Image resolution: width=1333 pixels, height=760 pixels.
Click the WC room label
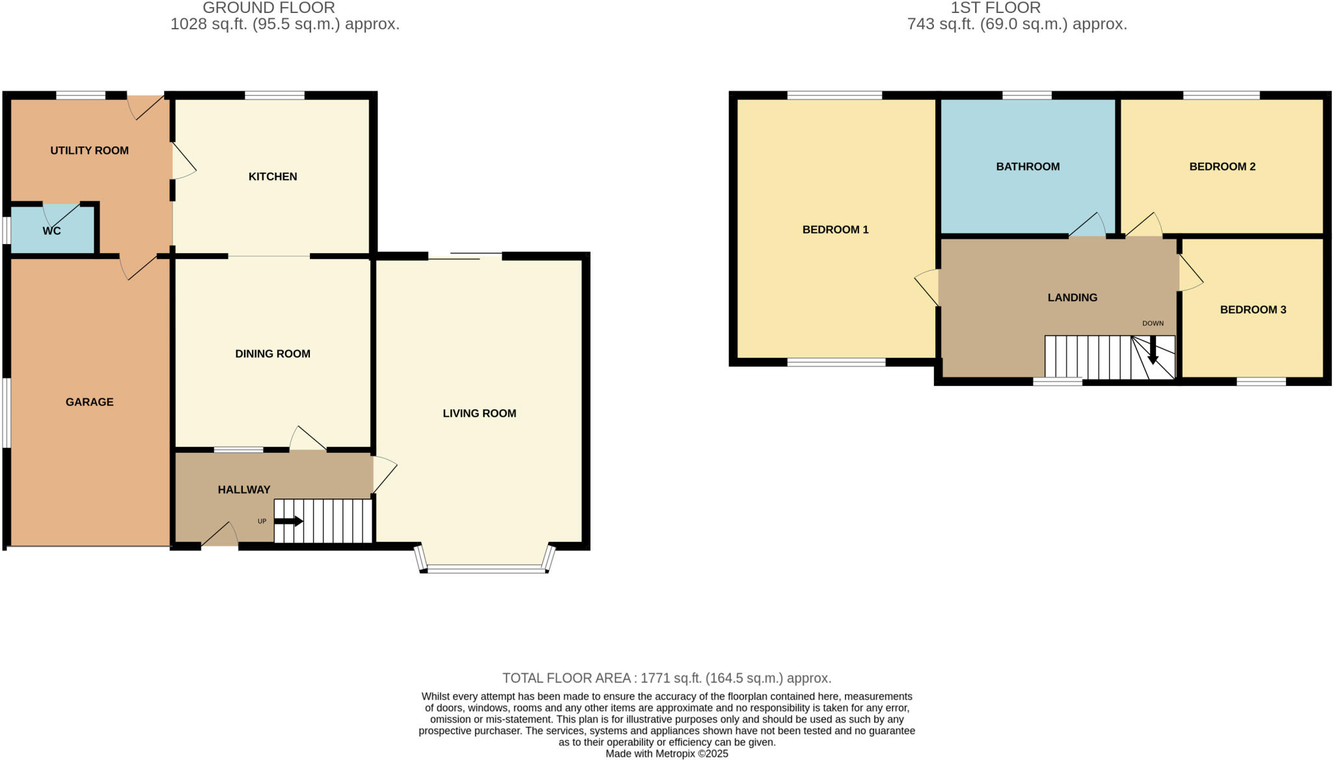[51, 231]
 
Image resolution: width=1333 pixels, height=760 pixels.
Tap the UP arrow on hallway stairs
[288, 521]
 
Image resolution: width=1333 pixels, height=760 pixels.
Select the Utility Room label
[89, 150]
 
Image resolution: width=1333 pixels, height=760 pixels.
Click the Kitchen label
[273, 176]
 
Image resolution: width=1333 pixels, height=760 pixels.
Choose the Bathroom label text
[1028, 167]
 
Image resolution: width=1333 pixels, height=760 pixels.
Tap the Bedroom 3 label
[1253, 310]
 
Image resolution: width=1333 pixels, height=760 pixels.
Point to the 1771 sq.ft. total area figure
[670, 678]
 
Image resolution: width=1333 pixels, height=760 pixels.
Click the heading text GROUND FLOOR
[269, 8]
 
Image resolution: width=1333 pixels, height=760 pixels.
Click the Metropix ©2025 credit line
[666, 754]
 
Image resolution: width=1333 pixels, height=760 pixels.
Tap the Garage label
[89, 402]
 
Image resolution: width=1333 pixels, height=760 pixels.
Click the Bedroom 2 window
[1221, 96]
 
